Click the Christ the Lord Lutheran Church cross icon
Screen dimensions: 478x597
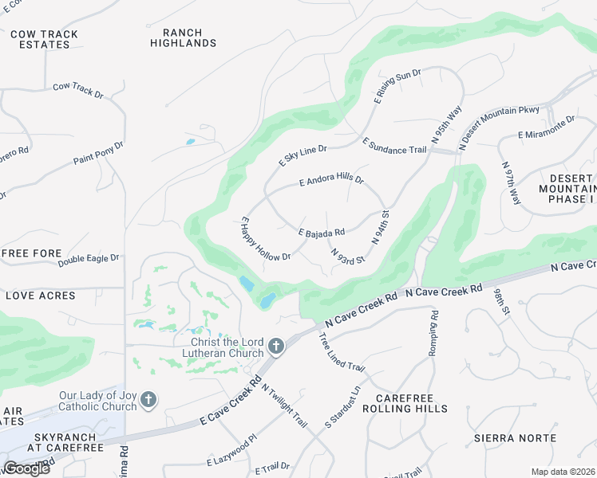276,346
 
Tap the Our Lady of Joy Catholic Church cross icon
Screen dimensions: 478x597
148,400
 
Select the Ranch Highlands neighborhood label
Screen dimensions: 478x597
183,38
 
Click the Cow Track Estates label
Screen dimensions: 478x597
44,39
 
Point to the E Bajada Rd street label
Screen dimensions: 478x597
321,233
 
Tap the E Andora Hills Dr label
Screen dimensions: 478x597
331,181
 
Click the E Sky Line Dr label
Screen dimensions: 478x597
302,155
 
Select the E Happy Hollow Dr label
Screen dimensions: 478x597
266,238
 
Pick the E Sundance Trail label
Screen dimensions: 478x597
394,146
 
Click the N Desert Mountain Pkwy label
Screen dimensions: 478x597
500,128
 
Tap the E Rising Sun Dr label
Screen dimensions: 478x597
397,86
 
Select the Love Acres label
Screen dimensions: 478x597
41,296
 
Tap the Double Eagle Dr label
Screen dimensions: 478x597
88,258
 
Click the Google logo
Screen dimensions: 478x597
26,468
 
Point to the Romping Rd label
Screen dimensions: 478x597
434,327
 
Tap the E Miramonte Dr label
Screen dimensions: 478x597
546,127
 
